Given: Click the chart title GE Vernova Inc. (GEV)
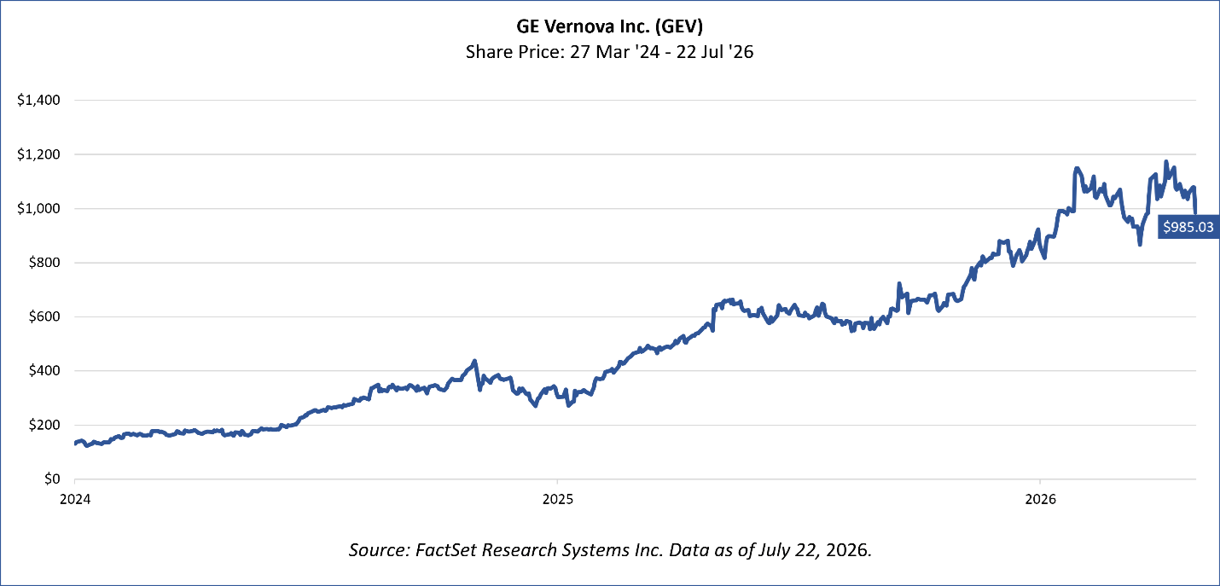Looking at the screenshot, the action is point(609,26).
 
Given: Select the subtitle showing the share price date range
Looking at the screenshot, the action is point(609,52).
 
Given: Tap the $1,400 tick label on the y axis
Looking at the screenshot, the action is point(38,100).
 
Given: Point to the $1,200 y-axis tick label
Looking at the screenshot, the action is point(38,154).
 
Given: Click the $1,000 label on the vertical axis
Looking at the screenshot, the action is point(38,209).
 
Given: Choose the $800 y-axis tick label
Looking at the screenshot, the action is point(44,263).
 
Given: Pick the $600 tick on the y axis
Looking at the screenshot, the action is point(44,317).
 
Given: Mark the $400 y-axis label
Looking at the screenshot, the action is point(44,371).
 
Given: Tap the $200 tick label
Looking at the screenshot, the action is point(44,425).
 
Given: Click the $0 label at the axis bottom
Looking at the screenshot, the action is point(52,479).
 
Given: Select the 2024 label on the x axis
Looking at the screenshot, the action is point(75,499).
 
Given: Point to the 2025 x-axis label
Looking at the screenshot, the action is point(558,499).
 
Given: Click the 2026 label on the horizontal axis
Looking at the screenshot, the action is point(1040,499).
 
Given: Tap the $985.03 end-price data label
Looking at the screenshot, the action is point(1188,227).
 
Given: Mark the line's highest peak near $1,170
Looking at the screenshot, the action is point(1166,161).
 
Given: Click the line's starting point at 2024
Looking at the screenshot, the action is point(75,444).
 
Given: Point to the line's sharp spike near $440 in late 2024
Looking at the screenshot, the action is point(475,361).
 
